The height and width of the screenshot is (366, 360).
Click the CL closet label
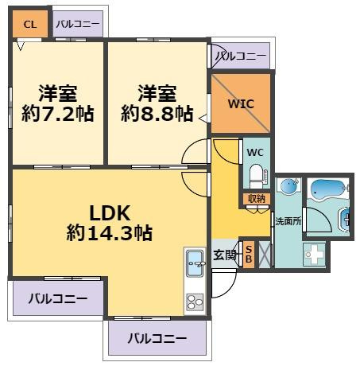[x=29, y=24]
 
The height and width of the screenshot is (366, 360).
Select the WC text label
[x=254, y=152]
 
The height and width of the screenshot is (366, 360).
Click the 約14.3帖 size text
[x=110, y=234]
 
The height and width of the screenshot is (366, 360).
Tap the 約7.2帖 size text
[x=58, y=115]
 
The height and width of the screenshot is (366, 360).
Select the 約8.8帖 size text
[x=157, y=115]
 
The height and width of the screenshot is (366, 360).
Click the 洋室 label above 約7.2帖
[x=58, y=91]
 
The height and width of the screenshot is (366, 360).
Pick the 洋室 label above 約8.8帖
[x=157, y=91]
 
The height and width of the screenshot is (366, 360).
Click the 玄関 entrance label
[x=225, y=255]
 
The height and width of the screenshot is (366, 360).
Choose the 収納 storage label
[x=256, y=199]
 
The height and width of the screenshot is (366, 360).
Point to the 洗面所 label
[x=288, y=220]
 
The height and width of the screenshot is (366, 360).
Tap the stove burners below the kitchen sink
[x=195, y=301]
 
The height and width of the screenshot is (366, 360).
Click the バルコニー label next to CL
[x=78, y=24]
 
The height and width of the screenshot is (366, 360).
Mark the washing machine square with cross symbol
[x=314, y=255]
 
